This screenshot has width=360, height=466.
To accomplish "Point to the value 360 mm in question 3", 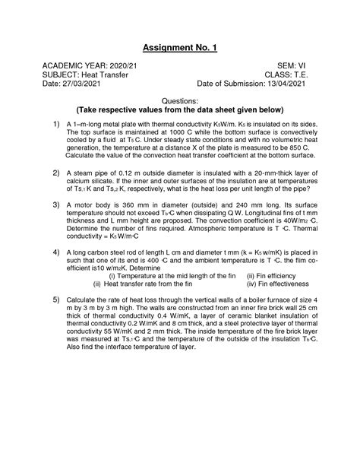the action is coord(131,206).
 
